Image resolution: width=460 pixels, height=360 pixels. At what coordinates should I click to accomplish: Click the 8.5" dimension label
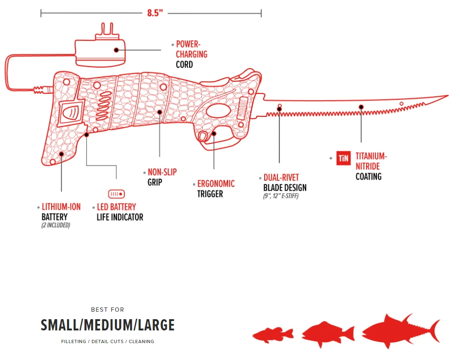[154, 13]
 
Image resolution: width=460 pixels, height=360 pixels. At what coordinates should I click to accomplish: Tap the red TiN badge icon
[344, 159]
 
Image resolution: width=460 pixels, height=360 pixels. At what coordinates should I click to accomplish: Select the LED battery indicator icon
[116, 193]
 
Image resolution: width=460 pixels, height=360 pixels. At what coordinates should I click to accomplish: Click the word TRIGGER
[210, 194]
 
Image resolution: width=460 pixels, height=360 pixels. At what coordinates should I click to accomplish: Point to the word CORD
[184, 64]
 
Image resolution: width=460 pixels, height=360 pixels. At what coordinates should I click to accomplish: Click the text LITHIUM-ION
[61, 207]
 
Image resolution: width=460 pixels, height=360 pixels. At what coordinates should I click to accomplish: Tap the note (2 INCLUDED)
[56, 225]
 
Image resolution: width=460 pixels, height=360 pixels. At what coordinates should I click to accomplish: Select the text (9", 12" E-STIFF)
[281, 196]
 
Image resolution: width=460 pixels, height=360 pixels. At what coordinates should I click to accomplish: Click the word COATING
[368, 176]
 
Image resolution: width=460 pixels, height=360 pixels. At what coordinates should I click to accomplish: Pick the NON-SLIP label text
[162, 172]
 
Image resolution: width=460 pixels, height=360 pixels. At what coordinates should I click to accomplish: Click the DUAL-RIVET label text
[281, 178]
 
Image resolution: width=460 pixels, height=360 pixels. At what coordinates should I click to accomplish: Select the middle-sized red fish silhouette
[328, 334]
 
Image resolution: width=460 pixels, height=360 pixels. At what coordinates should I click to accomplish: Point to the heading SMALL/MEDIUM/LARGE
[107, 325]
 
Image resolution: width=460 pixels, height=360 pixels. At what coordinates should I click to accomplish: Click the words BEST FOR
[107, 310]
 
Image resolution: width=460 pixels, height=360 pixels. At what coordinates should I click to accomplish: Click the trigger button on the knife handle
[203, 137]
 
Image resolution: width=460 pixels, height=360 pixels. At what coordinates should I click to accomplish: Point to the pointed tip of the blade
[446, 96]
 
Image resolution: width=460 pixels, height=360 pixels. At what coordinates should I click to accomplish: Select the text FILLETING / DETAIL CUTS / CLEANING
[107, 342]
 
